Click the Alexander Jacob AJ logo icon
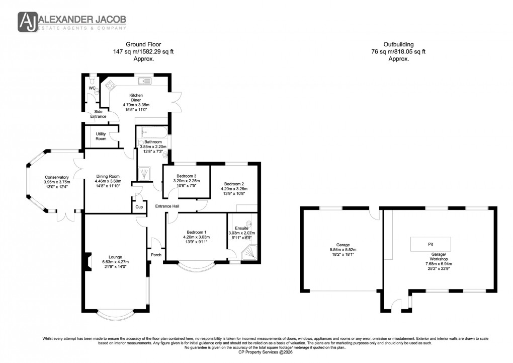tap(28, 22)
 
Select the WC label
tap(92, 89)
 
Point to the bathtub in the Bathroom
tap(154, 133)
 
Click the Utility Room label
tap(101, 136)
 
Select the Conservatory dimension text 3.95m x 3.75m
tap(56, 182)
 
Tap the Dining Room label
tap(109, 176)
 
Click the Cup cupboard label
tap(138, 207)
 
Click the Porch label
tap(156, 255)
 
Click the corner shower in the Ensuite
tap(250, 255)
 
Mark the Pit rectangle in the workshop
tap(430, 244)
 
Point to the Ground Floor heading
tap(144, 44)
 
